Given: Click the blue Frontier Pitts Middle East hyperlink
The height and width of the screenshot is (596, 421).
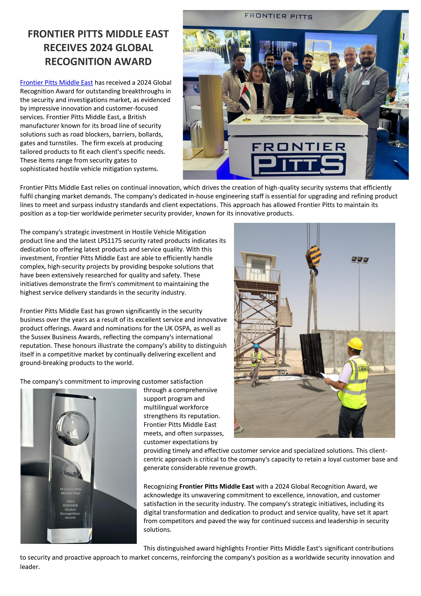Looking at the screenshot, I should pyautogui.click(x=56, y=83).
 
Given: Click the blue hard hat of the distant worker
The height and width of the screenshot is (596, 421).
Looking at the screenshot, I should pyautogui.click(x=256, y=346).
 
